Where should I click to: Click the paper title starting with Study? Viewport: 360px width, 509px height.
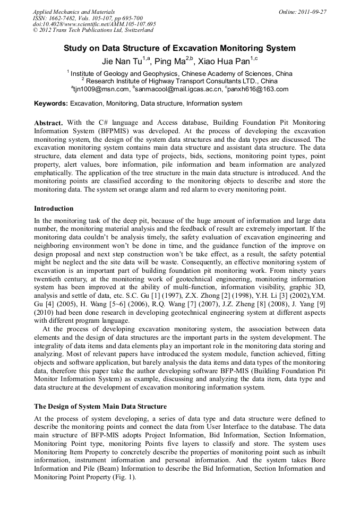(x=179, y=48)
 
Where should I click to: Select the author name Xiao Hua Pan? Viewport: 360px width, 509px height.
(x=231, y=61)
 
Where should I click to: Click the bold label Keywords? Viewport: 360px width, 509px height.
(x=51, y=103)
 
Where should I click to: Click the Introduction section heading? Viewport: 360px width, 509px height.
(x=54, y=209)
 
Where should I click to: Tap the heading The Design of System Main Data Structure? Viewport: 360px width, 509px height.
(x=100, y=407)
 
